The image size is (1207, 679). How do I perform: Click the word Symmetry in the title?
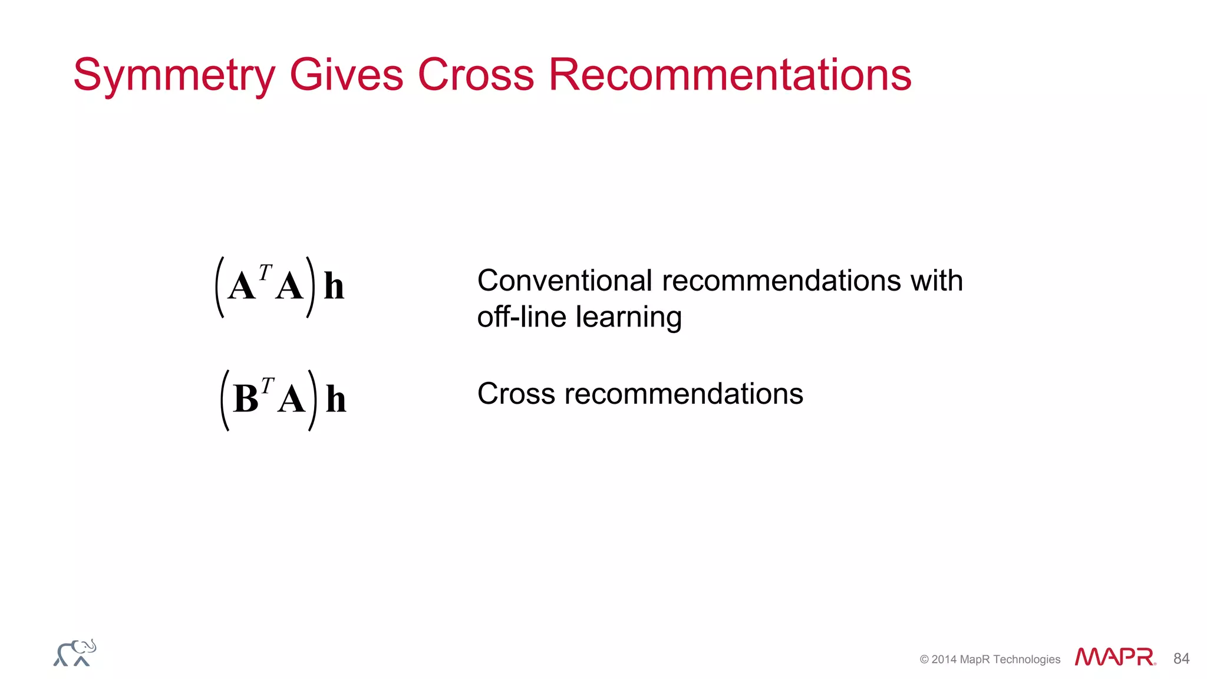click(174, 75)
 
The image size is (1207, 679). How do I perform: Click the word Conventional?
click(565, 281)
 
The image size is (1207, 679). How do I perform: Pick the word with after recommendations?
click(936, 281)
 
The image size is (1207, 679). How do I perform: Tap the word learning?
click(629, 318)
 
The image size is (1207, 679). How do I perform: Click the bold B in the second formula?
click(246, 399)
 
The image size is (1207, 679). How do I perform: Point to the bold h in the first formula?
click(334, 286)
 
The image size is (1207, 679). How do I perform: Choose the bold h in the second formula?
click(335, 400)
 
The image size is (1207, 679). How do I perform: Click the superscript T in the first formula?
click(265, 272)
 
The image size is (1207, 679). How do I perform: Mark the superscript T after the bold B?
click(268, 385)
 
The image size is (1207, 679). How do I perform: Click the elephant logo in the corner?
click(75, 653)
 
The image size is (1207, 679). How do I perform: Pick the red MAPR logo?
click(1114, 657)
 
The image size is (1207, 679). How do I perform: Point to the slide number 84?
click(1181, 658)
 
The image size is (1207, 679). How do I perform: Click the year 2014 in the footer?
click(944, 660)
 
